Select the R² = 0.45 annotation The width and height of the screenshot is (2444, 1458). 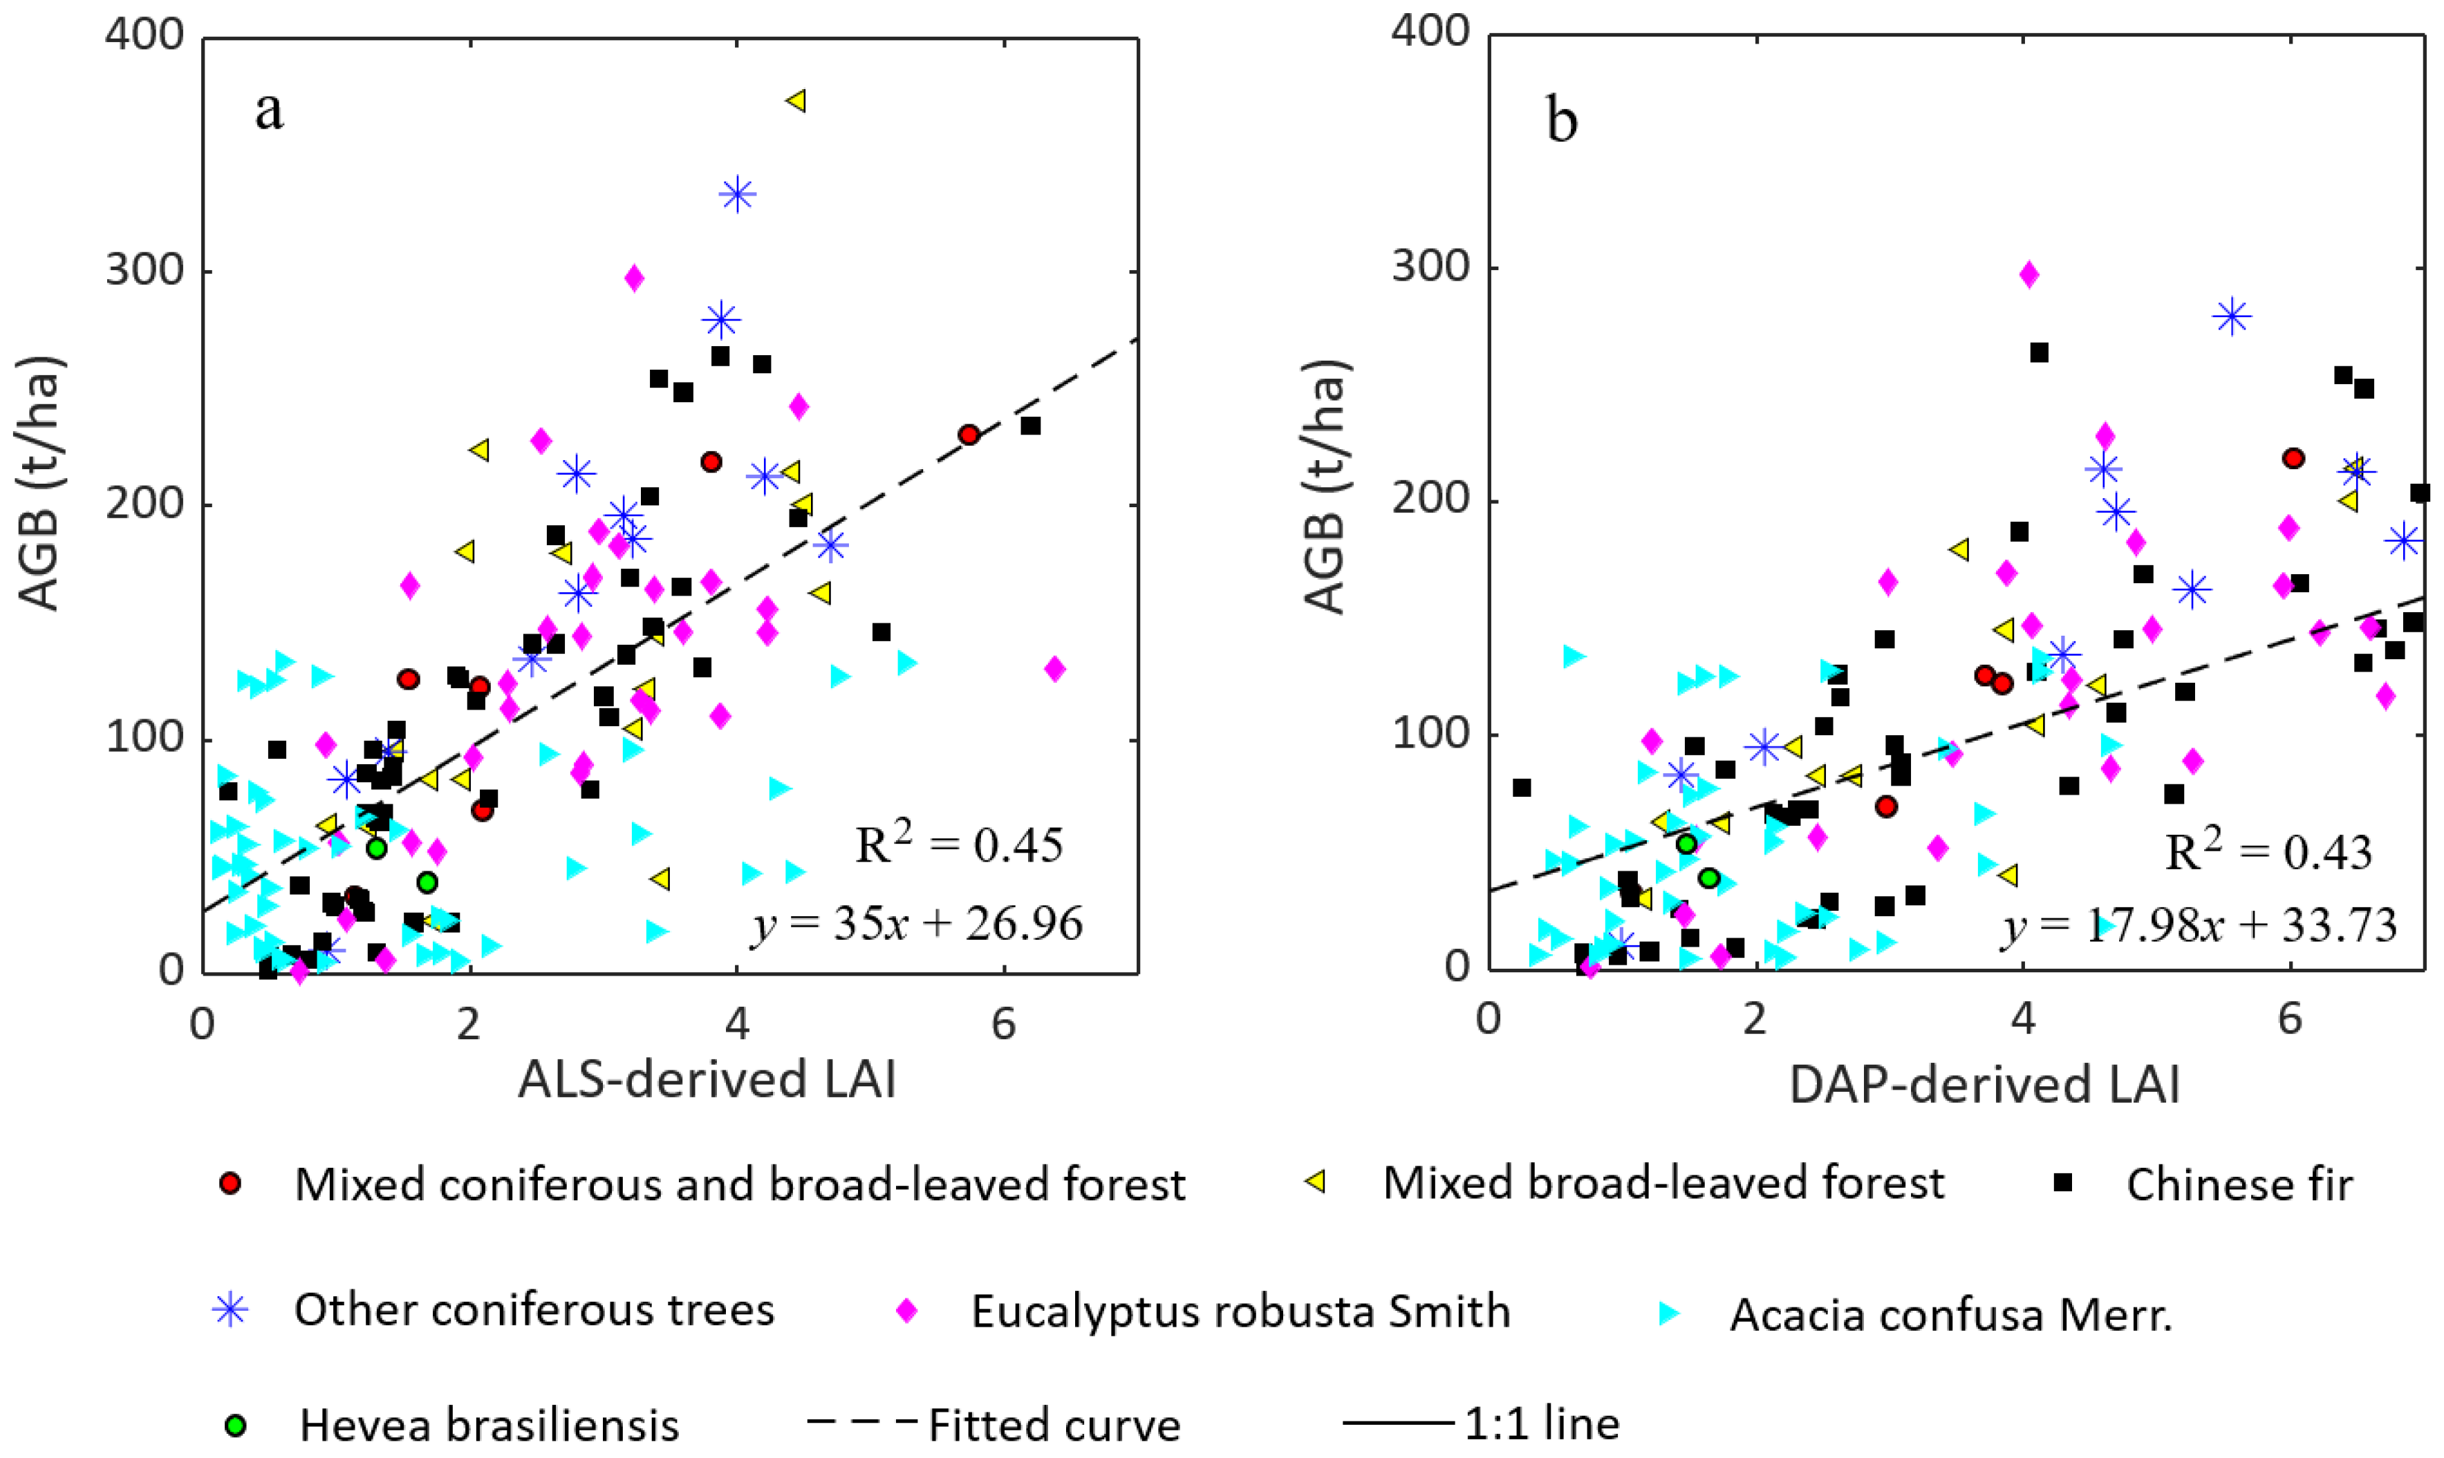[x=959, y=844]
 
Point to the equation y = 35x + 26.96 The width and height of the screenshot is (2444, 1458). [x=917, y=924]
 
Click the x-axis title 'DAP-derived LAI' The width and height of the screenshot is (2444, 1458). [x=1985, y=1085]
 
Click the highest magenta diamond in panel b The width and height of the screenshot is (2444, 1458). [x=2029, y=275]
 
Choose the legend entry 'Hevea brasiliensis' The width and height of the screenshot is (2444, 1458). [x=488, y=1423]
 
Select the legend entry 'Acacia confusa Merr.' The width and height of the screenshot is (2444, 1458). [x=1950, y=1314]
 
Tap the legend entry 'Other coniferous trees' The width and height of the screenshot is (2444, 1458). [x=534, y=1309]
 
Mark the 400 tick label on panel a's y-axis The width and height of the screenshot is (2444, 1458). [x=144, y=35]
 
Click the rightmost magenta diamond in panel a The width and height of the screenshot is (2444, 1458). [x=1054, y=669]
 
